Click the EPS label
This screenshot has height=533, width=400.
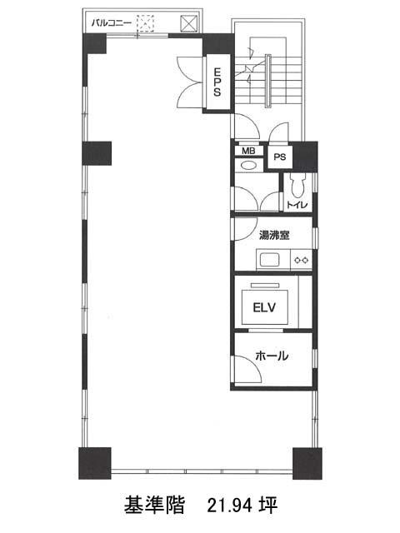tap(217, 82)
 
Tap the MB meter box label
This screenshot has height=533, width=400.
tap(248, 151)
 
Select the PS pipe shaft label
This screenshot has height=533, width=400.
tap(280, 157)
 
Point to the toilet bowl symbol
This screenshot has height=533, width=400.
tap(297, 186)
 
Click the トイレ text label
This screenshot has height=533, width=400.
tap(297, 205)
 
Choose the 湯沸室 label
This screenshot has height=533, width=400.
tap(274, 235)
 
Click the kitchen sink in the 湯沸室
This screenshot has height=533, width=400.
tap(270, 260)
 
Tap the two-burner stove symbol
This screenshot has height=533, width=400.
tap(301, 260)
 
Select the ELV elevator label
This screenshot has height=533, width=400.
tap(264, 307)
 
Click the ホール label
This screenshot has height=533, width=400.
tap(272, 356)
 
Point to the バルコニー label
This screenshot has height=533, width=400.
tap(111, 23)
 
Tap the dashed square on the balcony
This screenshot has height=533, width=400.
tap(145, 23)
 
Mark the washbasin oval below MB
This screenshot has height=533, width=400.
tap(249, 166)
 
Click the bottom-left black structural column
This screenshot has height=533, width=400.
tap(95, 463)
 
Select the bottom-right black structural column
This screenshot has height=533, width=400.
tap(307, 464)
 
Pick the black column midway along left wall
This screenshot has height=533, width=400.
tap(97, 153)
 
